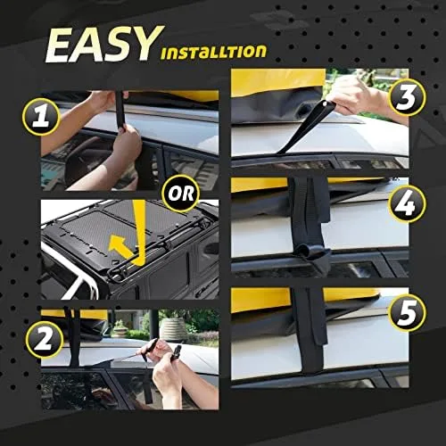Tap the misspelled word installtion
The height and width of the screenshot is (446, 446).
click(214, 51)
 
